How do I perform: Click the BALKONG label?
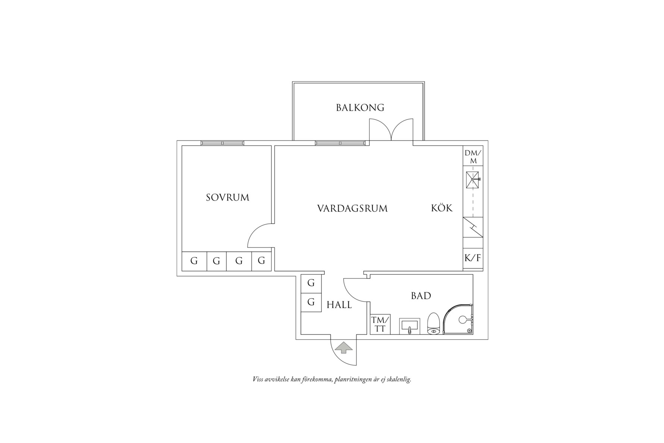[x=360, y=108]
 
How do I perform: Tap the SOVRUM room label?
[x=228, y=197]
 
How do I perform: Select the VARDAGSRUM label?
[x=352, y=208]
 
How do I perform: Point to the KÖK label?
[x=442, y=208]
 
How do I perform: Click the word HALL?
[x=339, y=305]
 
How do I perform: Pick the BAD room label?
[x=421, y=296]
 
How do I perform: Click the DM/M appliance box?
[x=473, y=157]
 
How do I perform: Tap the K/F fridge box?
[x=473, y=258]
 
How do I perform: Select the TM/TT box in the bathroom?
[x=380, y=324]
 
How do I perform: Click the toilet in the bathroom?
[x=433, y=324]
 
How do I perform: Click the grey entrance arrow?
[x=344, y=348]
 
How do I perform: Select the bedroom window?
[x=222, y=143]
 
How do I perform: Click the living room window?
[x=340, y=143]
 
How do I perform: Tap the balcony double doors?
[x=391, y=131]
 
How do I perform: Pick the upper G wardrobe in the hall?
[x=311, y=283]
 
